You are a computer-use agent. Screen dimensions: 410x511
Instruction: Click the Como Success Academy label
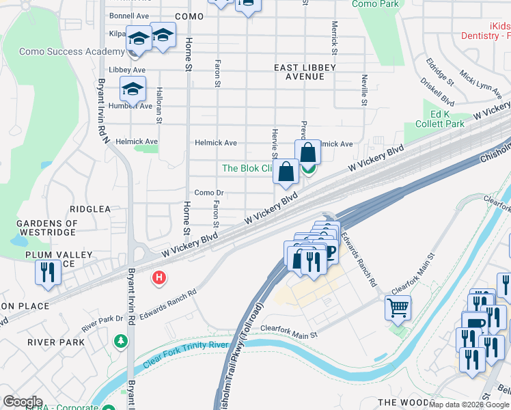click(61, 51)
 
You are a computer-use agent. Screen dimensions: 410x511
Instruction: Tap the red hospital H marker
click(159, 277)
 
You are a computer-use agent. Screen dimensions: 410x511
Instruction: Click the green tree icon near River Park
click(121, 340)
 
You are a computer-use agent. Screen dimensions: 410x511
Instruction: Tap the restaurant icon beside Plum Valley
click(49, 271)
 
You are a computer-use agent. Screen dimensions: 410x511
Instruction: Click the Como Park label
click(375, 4)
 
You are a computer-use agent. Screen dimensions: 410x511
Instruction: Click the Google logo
click(23, 402)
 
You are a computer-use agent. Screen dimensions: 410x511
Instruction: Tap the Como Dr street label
click(209, 193)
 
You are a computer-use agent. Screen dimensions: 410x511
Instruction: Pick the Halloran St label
click(158, 105)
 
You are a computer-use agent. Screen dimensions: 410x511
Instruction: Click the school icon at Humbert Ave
click(133, 88)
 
